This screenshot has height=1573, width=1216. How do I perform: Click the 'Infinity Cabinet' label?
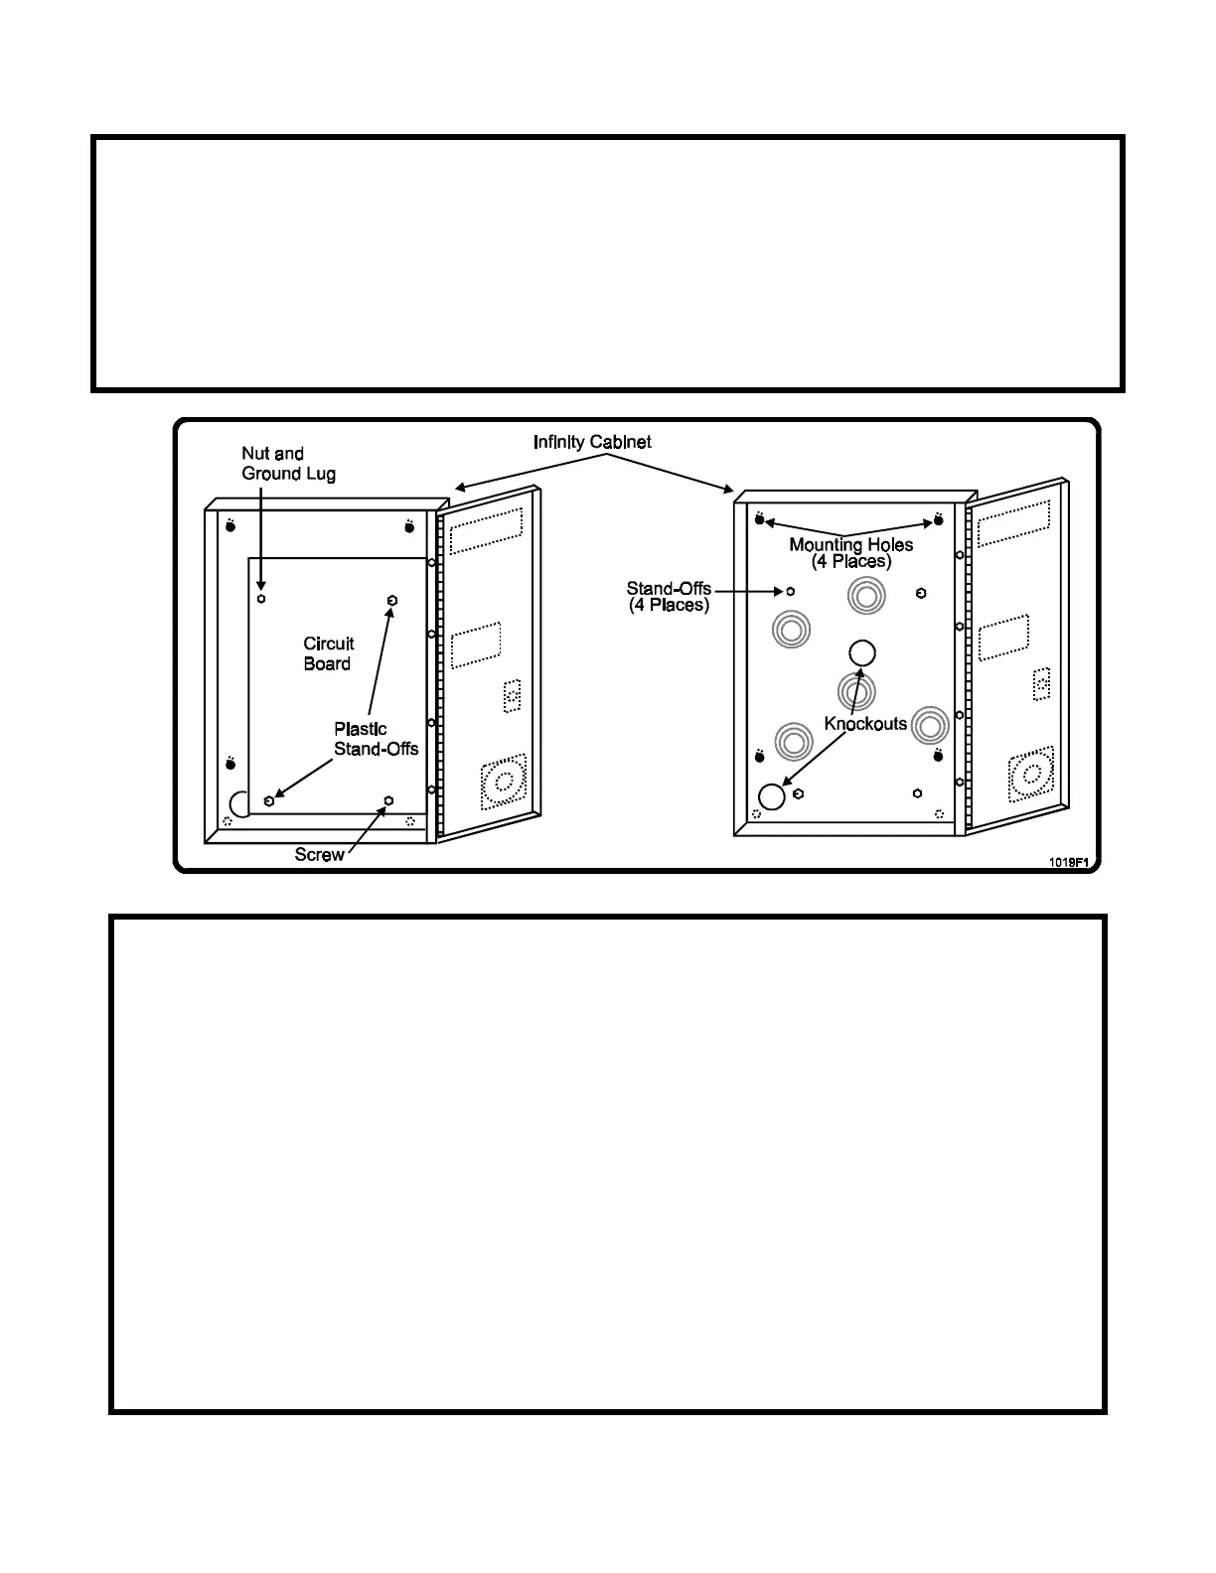click(592, 442)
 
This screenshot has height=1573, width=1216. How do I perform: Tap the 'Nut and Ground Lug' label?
click(288, 464)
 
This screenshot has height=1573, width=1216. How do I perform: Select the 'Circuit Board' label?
click(328, 653)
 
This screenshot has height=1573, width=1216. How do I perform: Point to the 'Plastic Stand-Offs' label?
click(375, 739)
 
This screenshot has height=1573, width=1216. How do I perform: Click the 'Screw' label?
click(319, 855)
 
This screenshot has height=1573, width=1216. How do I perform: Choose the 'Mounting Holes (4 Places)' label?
click(850, 552)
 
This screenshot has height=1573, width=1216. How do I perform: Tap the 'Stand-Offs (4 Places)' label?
click(669, 597)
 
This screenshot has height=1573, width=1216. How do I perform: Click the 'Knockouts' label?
click(865, 723)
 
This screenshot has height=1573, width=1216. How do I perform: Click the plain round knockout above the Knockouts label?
click(862, 652)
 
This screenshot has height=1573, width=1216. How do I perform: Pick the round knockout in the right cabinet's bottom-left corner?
click(771, 796)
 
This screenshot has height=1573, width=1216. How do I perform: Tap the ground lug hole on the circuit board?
click(261, 599)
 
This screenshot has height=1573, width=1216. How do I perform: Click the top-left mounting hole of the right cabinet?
click(760, 519)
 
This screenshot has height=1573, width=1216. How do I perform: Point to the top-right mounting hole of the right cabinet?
click(938, 519)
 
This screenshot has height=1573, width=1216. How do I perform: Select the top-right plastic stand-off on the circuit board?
click(392, 601)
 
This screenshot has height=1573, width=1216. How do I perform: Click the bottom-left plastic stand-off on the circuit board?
click(269, 800)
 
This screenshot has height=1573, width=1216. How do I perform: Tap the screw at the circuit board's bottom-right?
click(388, 799)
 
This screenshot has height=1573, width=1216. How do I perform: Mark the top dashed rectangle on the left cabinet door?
click(486, 532)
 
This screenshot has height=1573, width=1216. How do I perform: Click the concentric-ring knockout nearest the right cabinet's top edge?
click(864, 597)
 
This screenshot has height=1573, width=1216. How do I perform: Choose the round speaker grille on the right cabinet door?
click(1029, 776)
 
